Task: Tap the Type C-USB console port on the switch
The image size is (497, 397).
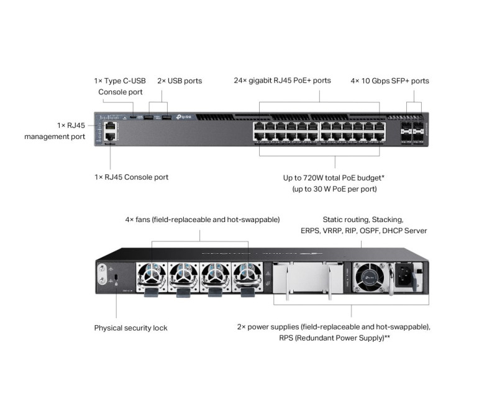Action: click(x=132, y=117)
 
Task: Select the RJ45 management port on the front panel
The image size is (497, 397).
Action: click(x=110, y=125)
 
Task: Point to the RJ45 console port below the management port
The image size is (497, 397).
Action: click(x=110, y=136)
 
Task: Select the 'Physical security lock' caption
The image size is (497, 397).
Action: click(x=130, y=328)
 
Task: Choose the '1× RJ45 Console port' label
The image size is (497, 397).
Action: click(x=131, y=177)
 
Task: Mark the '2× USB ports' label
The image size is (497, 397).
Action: click(x=180, y=81)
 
